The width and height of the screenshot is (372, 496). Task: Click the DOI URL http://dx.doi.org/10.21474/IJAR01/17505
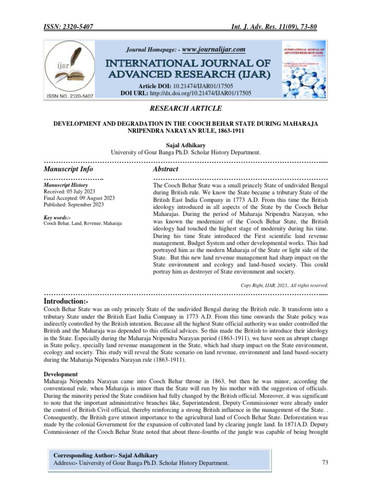[214, 92]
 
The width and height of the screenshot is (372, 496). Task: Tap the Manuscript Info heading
[68, 169]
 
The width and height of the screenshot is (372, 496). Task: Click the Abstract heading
[165, 169]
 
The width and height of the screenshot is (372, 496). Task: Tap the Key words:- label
[57, 217]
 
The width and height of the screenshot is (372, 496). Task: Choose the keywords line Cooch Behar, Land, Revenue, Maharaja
[83, 223]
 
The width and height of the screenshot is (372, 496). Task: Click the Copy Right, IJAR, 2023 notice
[284, 285]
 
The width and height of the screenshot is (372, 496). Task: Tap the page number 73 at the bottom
[325, 463]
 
